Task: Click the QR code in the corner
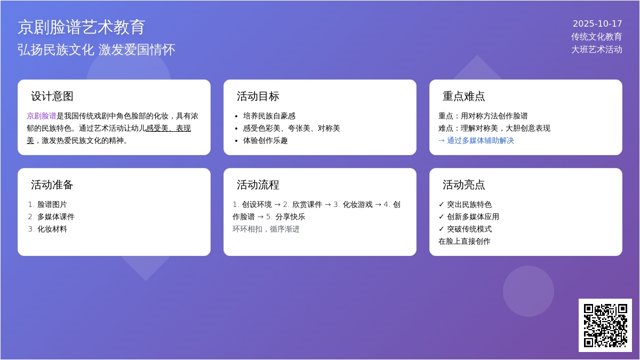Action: click(x=605, y=325)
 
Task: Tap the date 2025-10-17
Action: click(x=597, y=23)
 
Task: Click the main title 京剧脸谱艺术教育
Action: click(x=82, y=27)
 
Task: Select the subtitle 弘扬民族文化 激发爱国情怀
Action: click(x=97, y=50)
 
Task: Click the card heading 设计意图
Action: click(x=52, y=97)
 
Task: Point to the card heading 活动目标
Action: click(x=258, y=97)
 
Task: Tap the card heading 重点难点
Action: click(x=463, y=97)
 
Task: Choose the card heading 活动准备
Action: click(x=52, y=185)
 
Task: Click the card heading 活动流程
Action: click(x=258, y=185)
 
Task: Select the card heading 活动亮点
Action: click(x=463, y=185)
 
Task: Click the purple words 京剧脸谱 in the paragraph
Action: click(x=42, y=116)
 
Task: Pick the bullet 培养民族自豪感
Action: click(x=269, y=116)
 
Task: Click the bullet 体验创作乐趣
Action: click(x=266, y=141)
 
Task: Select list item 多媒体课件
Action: click(x=56, y=217)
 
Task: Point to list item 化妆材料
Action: click(x=52, y=229)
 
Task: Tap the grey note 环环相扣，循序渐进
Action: click(x=266, y=229)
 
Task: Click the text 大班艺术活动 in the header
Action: click(x=597, y=50)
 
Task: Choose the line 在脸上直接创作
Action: click(x=465, y=242)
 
